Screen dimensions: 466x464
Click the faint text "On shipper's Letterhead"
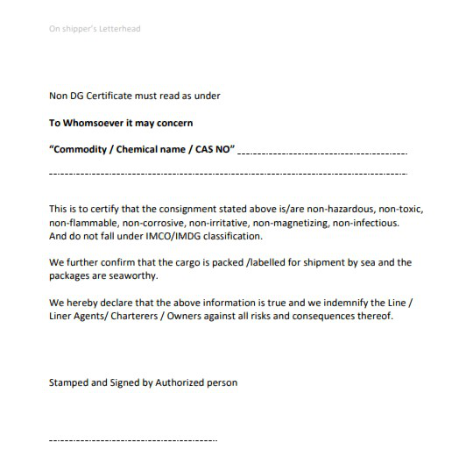point(95,29)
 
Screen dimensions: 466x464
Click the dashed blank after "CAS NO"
point(322,153)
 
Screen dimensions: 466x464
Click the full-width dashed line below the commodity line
point(228,175)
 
